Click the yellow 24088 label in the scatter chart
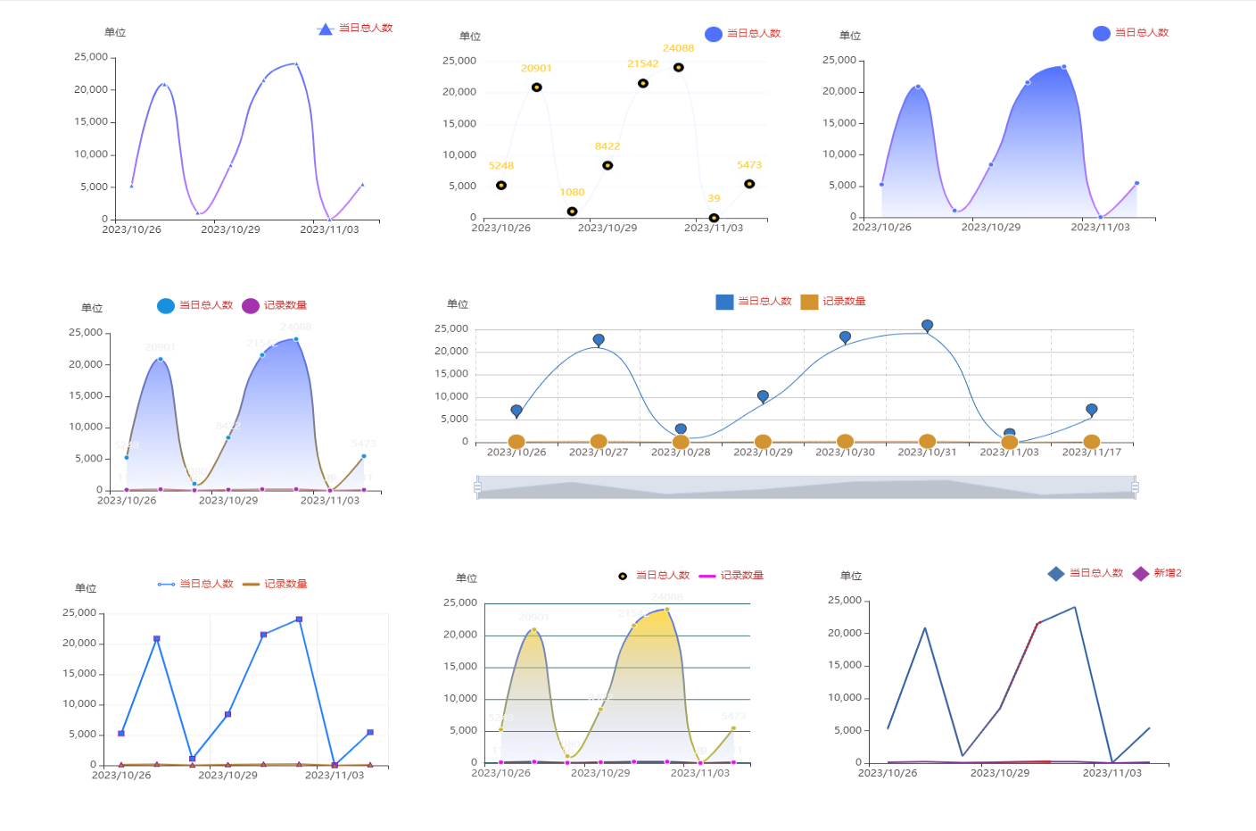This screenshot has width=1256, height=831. (x=678, y=48)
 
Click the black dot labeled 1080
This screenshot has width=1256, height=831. (x=572, y=212)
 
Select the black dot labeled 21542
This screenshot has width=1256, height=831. (x=643, y=84)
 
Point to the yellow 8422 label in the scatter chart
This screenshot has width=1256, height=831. (x=607, y=146)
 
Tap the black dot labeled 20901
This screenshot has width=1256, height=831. (x=536, y=87)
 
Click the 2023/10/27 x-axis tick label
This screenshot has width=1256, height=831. (x=599, y=453)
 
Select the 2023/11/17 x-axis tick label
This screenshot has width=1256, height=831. (x=1091, y=453)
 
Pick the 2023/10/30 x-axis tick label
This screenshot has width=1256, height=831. (x=845, y=453)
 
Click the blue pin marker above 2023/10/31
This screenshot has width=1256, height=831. (x=927, y=326)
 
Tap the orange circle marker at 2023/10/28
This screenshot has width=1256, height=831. (x=681, y=442)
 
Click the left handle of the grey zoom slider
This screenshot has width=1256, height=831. (x=477, y=487)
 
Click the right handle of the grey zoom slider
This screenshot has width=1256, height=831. (x=1135, y=487)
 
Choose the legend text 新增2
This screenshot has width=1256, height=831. (x=1167, y=573)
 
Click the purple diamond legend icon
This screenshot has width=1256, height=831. (x=1140, y=574)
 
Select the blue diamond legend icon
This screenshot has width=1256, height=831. (x=1056, y=574)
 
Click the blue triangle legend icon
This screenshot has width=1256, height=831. (x=326, y=29)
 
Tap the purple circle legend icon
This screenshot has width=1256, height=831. (x=251, y=306)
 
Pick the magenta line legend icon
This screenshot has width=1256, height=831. (x=707, y=576)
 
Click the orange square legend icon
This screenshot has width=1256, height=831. (x=809, y=302)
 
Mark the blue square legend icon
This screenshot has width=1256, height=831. (x=724, y=302)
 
